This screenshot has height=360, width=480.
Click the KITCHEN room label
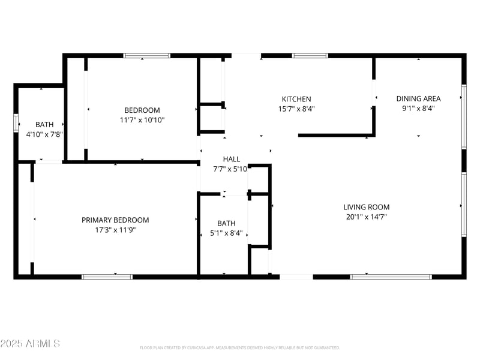(296, 99)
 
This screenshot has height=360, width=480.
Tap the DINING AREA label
(418, 99)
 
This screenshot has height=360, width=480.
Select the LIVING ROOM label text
(367, 208)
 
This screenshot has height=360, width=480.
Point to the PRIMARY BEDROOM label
(115, 220)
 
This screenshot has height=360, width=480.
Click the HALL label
(232, 159)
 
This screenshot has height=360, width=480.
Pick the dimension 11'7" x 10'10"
(142, 120)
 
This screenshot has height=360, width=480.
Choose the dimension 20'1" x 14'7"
(367, 217)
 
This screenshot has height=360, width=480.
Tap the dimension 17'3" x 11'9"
(115, 230)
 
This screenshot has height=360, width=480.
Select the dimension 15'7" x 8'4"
(296, 109)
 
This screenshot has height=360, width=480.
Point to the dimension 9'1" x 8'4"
(418, 109)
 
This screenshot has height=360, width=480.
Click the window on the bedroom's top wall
(147, 56)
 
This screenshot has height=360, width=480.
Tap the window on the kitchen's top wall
(310, 56)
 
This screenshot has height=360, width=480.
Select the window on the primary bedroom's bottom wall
(107, 277)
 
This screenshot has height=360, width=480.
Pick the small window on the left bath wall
(16, 122)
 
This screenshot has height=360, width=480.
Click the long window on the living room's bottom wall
(391, 277)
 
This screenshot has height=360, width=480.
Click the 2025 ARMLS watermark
(30, 344)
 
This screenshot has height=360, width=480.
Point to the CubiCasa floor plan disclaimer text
(240, 347)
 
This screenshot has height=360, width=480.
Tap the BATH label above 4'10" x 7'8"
(44, 125)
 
